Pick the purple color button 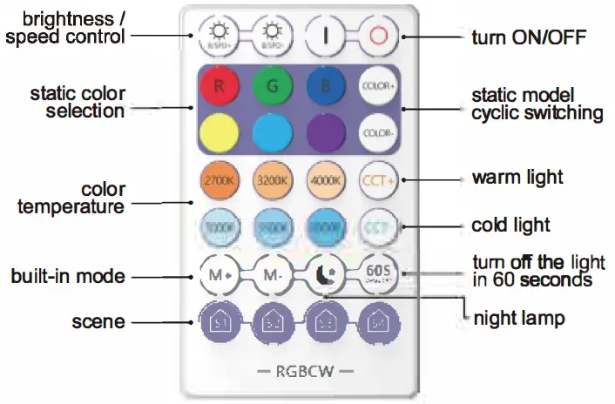click(x=324, y=132)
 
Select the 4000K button click(x=324, y=181)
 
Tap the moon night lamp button click(x=324, y=275)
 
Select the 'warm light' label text click(x=517, y=178)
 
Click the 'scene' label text click(x=98, y=322)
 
